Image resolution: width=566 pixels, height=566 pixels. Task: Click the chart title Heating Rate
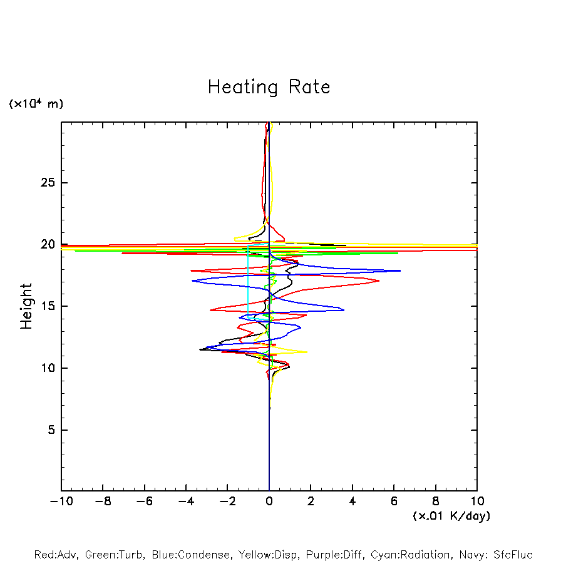coord(269,87)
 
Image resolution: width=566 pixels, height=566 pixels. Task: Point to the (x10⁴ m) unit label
coord(36,104)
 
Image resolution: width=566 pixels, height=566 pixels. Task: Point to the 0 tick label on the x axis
coord(269,502)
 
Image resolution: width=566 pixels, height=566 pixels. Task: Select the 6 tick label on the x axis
coord(394,502)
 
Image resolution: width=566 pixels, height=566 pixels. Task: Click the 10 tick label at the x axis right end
coord(477,502)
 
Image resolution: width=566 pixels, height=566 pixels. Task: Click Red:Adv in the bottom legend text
coord(54,555)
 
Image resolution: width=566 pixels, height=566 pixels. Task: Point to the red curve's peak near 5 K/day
coord(379,281)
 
